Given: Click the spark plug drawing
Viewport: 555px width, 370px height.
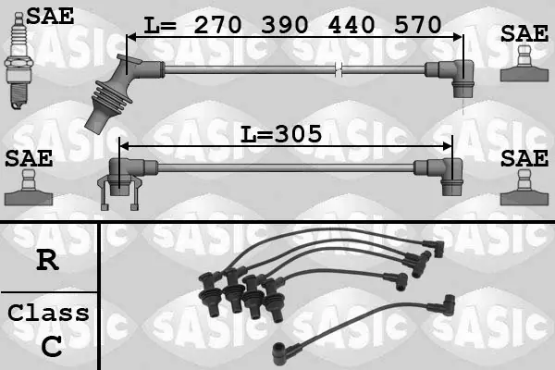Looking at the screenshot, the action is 18,60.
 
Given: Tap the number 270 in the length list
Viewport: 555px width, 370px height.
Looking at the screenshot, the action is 217,25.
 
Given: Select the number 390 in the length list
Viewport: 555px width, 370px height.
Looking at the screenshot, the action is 284,25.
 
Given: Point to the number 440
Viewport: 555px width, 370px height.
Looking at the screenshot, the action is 351,25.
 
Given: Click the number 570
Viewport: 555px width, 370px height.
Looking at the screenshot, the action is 418,25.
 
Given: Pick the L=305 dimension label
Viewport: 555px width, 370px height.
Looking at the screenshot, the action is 281,134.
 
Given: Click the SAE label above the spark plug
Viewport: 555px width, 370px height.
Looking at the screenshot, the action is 50,16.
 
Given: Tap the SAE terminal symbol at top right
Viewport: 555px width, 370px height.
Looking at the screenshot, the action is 524,64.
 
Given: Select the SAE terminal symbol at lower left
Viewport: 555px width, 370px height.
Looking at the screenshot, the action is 29,188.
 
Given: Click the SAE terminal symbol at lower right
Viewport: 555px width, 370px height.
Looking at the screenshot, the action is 524,188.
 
